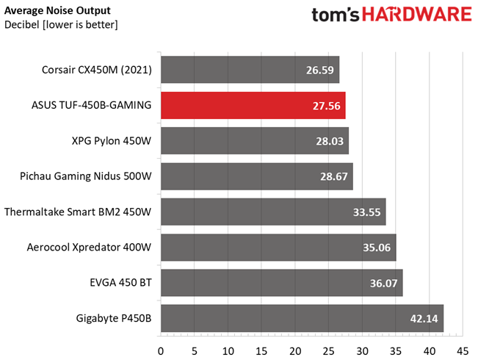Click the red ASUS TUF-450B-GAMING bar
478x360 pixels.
pos(253,105)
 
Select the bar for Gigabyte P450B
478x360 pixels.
pos(301,318)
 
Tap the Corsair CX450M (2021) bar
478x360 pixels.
pos(250,71)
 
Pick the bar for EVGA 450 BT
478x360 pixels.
pos(280,283)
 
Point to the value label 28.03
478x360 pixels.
pos(327,141)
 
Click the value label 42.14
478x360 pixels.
pos(422,318)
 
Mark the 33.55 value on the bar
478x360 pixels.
pos(365,212)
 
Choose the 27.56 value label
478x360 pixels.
pos(325,106)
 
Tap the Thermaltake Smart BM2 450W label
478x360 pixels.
pos(78,212)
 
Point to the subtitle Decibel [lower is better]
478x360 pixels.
pos(61,25)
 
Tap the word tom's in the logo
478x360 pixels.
pos(330,16)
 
